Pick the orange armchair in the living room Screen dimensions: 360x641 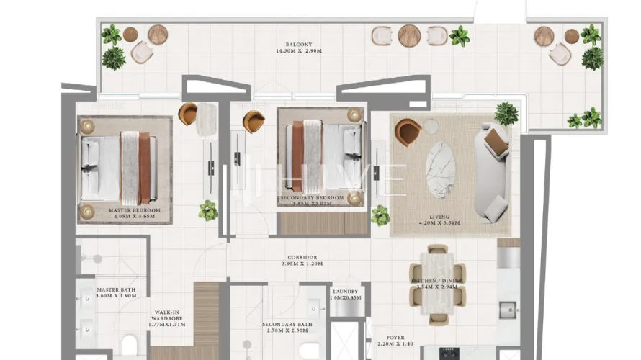[408, 132]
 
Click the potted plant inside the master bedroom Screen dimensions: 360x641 [208, 210]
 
